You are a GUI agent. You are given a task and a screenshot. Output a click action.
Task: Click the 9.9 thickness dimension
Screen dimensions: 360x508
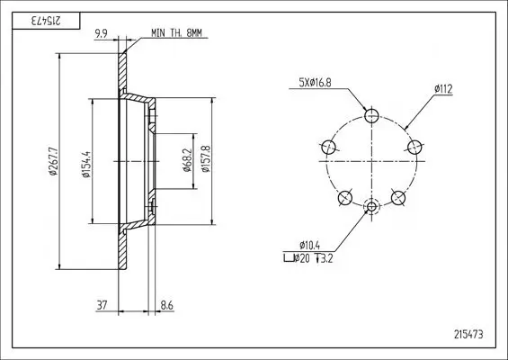click(x=102, y=33)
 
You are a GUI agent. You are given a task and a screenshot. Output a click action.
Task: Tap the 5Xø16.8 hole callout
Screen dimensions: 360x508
click(x=316, y=84)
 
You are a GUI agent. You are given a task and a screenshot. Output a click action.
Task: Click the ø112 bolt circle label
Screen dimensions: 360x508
click(x=442, y=88)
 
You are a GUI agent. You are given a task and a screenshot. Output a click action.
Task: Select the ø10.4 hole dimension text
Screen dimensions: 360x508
click(x=309, y=245)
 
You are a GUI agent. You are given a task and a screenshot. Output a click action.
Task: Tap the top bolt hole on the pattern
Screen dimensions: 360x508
click(x=372, y=114)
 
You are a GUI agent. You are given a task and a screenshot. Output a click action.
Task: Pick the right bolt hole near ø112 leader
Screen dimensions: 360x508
click(x=414, y=147)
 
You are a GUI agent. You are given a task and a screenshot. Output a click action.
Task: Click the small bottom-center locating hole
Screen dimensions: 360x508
click(x=372, y=207)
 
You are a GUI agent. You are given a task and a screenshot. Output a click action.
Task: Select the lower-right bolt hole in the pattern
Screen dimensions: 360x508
click(x=398, y=197)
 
